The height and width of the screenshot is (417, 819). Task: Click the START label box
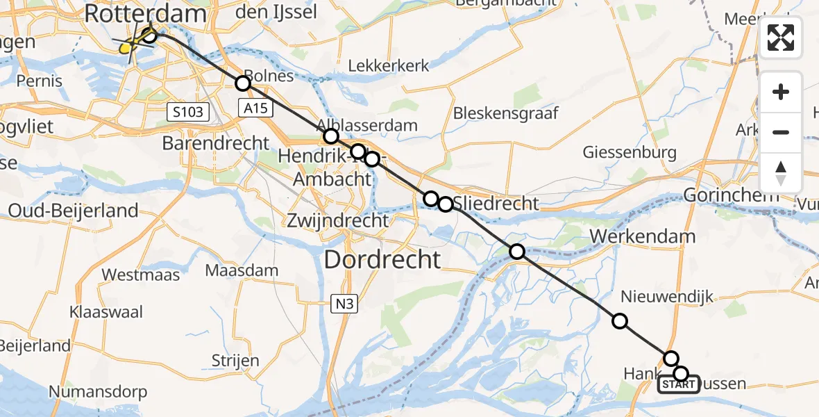point(678,384)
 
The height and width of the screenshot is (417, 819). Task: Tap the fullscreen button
point(781,38)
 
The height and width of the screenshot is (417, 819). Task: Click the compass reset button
point(781,173)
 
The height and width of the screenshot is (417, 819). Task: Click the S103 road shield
point(187,111)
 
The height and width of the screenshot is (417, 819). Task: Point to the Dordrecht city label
point(382,260)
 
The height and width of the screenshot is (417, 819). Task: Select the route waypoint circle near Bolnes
point(242,83)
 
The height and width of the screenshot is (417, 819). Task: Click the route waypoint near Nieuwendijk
point(620,320)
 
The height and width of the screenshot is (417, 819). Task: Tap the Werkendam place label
point(643,236)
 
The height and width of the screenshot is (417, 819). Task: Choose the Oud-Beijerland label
point(73,211)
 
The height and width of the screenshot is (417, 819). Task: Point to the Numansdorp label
point(97,391)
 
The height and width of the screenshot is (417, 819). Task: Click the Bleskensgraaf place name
point(505,113)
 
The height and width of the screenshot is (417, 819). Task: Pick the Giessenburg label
point(630,152)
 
